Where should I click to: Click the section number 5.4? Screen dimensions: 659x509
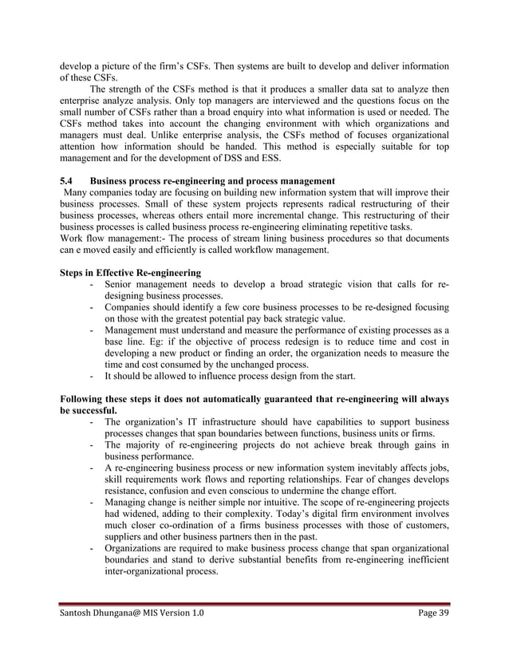pyautogui.click(x=67, y=181)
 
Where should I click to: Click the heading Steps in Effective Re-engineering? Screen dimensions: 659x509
pyautogui.click(x=131, y=273)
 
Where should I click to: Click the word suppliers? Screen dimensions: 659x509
pyautogui.click(x=125, y=538)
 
